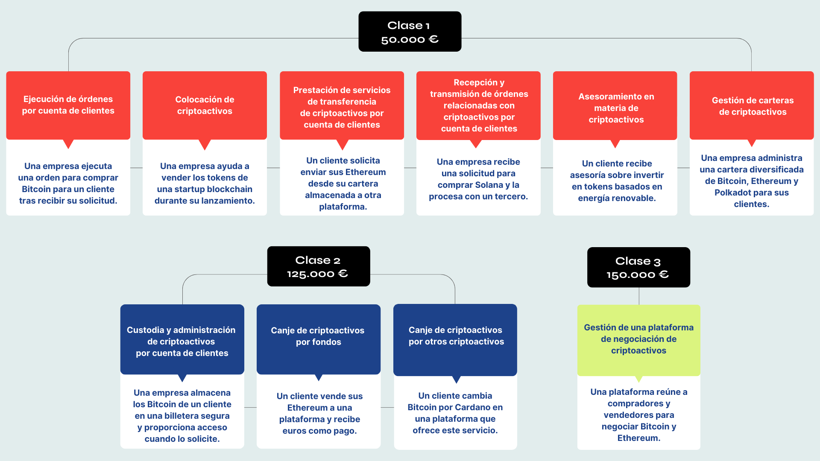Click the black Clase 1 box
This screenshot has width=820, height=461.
[410, 32]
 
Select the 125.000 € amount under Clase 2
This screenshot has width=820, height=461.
[317, 274]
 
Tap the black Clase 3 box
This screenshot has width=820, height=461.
[638, 267]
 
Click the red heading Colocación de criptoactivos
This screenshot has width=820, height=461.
[205, 105]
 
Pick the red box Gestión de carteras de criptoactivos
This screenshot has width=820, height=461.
[752, 106]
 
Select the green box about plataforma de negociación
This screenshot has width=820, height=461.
[638, 339]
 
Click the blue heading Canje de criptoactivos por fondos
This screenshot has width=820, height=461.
[318, 336]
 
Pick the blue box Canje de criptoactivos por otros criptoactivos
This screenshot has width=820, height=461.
[456, 336]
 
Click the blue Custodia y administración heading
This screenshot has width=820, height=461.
[182, 341]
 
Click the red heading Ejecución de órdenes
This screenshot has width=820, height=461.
[68, 105]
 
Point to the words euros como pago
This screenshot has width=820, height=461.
[319, 431]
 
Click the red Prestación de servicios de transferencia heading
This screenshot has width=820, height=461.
[342, 108]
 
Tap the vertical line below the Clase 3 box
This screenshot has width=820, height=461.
[639, 296]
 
